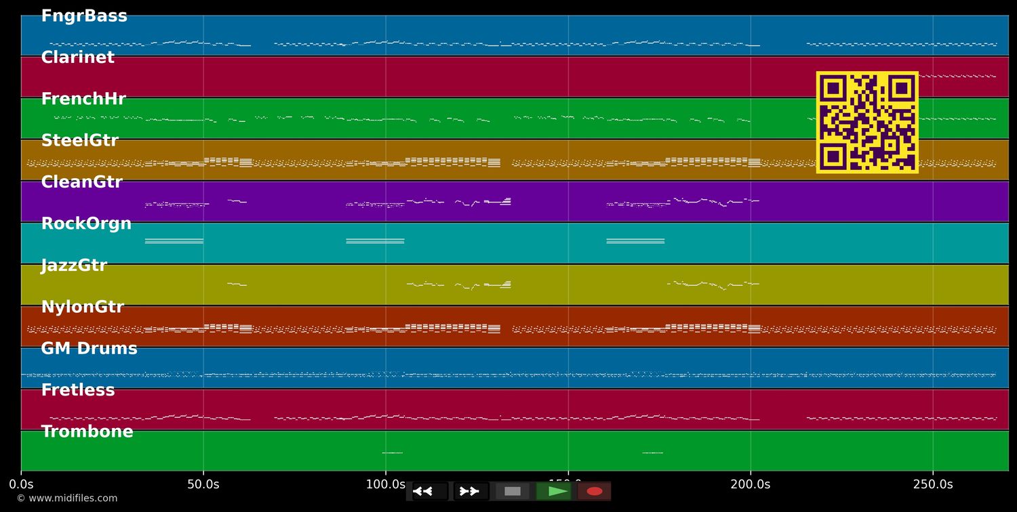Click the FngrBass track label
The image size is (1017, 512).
click(84, 16)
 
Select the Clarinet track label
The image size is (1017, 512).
click(77, 58)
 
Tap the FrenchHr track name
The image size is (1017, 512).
click(83, 99)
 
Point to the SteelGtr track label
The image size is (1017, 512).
click(79, 141)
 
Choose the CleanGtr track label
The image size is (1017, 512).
click(81, 182)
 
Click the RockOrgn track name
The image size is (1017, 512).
click(86, 224)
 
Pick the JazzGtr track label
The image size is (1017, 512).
click(74, 265)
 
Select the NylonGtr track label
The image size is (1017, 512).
click(82, 307)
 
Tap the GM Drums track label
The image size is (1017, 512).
click(89, 349)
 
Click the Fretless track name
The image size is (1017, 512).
click(78, 391)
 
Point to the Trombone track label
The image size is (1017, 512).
click(87, 432)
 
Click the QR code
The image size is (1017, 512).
click(867, 122)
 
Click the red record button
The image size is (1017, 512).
click(595, 491)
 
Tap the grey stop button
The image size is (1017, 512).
click(513, 491)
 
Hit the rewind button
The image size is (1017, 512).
click(423, 491)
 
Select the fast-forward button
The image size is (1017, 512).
click(469, 491)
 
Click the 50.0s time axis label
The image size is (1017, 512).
click(203, 484)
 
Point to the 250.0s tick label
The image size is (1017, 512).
click(932, 484)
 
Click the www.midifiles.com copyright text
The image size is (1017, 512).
click(66, 498)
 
